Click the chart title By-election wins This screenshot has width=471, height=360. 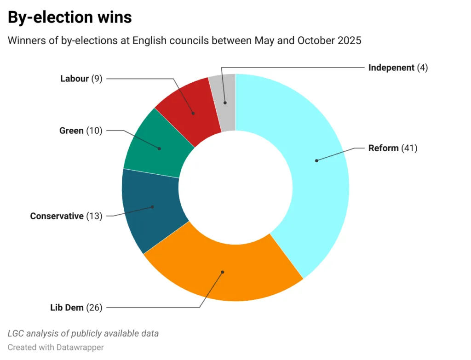[x=70, y=17]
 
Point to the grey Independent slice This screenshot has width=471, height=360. [x=223, y=101]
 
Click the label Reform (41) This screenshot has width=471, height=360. [x=392, y=148]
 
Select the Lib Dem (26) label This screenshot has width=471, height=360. [x=76, y=308]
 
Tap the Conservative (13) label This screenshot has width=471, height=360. [x=66, y=216]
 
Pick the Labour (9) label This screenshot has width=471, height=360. [x=81, y=79]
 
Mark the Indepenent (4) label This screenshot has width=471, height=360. [x=398, y=68]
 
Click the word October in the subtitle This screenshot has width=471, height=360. [x=314, y=40]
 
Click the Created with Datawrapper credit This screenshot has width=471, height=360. [x=56, y=347]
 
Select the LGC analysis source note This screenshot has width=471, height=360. [x=83, y=333]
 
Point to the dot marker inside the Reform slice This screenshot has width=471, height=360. [x=316, y=160]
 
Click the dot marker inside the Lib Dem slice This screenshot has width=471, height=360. [x=223, y=272]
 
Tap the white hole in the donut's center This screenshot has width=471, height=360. [x=235, y=188]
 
